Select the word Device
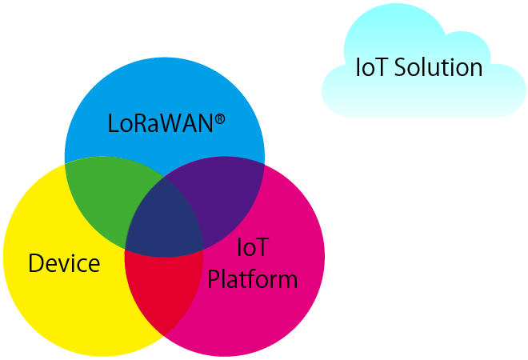[x=64, y=263]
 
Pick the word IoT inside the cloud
[x=370, y=67]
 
